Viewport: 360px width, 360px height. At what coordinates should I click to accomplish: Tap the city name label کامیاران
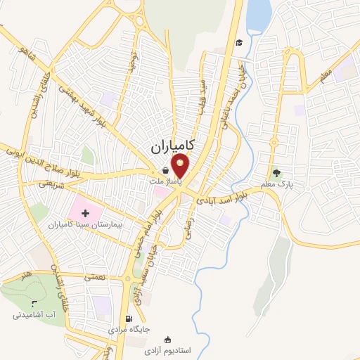click(x=172, y=146)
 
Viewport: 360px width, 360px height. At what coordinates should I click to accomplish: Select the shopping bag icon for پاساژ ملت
click(x=165, y=170)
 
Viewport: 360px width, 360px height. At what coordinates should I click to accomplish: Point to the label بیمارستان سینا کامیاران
click(x=79, y=224)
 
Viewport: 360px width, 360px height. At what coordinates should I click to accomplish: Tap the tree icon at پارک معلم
click(x=276, y=172)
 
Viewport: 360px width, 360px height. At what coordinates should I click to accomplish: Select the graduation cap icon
click(x=239, y=43)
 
